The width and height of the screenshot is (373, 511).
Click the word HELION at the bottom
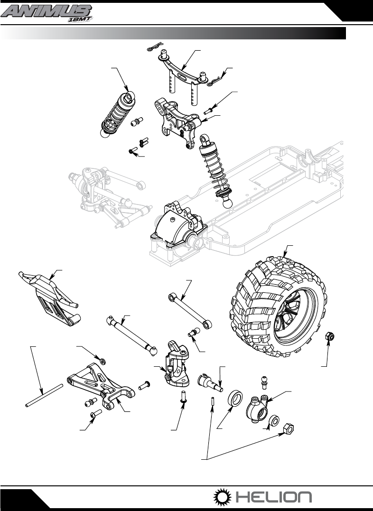point(273,497)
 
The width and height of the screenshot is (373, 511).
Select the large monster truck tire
point(278,305)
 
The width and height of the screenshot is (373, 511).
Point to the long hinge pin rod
point(44,396)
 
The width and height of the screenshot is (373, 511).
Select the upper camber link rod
point(189,310)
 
